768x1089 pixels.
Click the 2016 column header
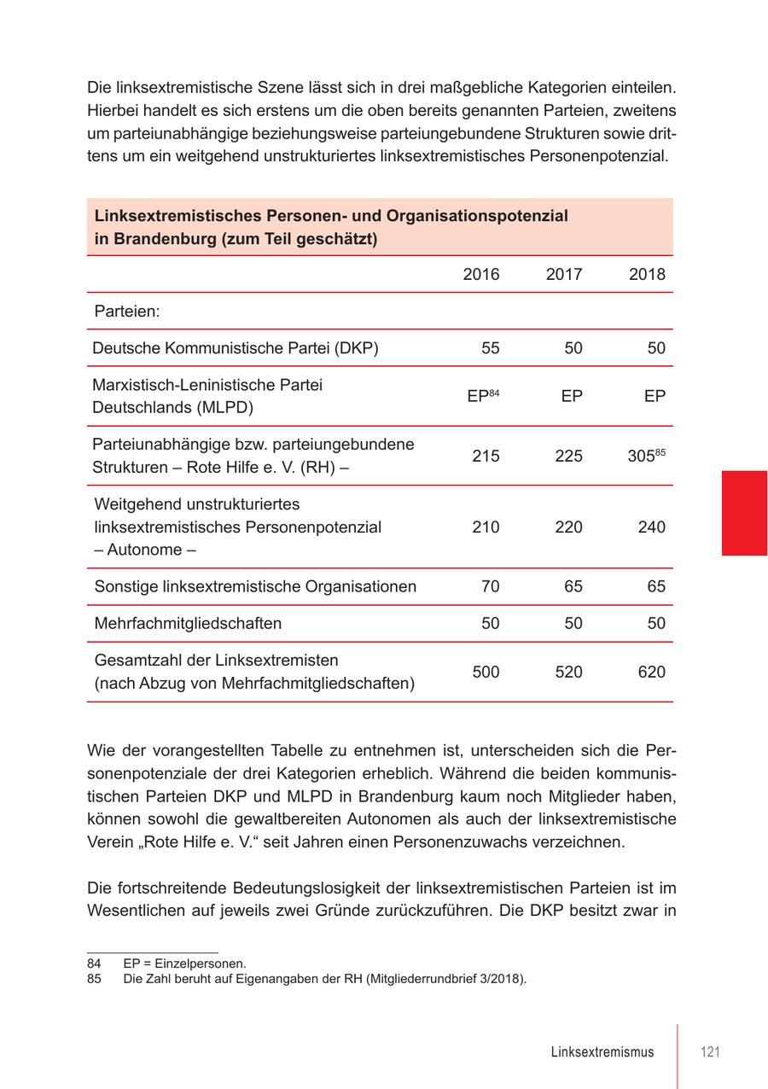tap(481, 274)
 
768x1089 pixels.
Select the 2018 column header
tap(647, 274)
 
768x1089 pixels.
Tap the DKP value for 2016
tap(490, 348)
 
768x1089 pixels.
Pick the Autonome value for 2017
tap(568, 527)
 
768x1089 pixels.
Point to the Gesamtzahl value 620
tap(651, 673)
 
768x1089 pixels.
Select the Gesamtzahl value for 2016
tap(486, 673)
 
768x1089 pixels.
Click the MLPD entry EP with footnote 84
tap(482, 396)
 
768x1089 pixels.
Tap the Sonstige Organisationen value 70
tap(490, 586)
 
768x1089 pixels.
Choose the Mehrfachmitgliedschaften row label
tap(188, 624)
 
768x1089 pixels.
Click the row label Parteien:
tap(127, 312)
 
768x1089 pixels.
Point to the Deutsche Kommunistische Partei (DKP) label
tap(236, 348)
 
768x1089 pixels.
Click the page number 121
tap(710, 1051)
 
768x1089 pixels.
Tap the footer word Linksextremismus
tap(602, 1051)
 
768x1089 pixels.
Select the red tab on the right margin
tap(744, 513)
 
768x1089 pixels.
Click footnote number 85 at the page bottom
tap(94, 979)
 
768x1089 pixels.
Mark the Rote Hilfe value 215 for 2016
tap(486, 456)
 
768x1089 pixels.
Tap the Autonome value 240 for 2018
tap(651, 527)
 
